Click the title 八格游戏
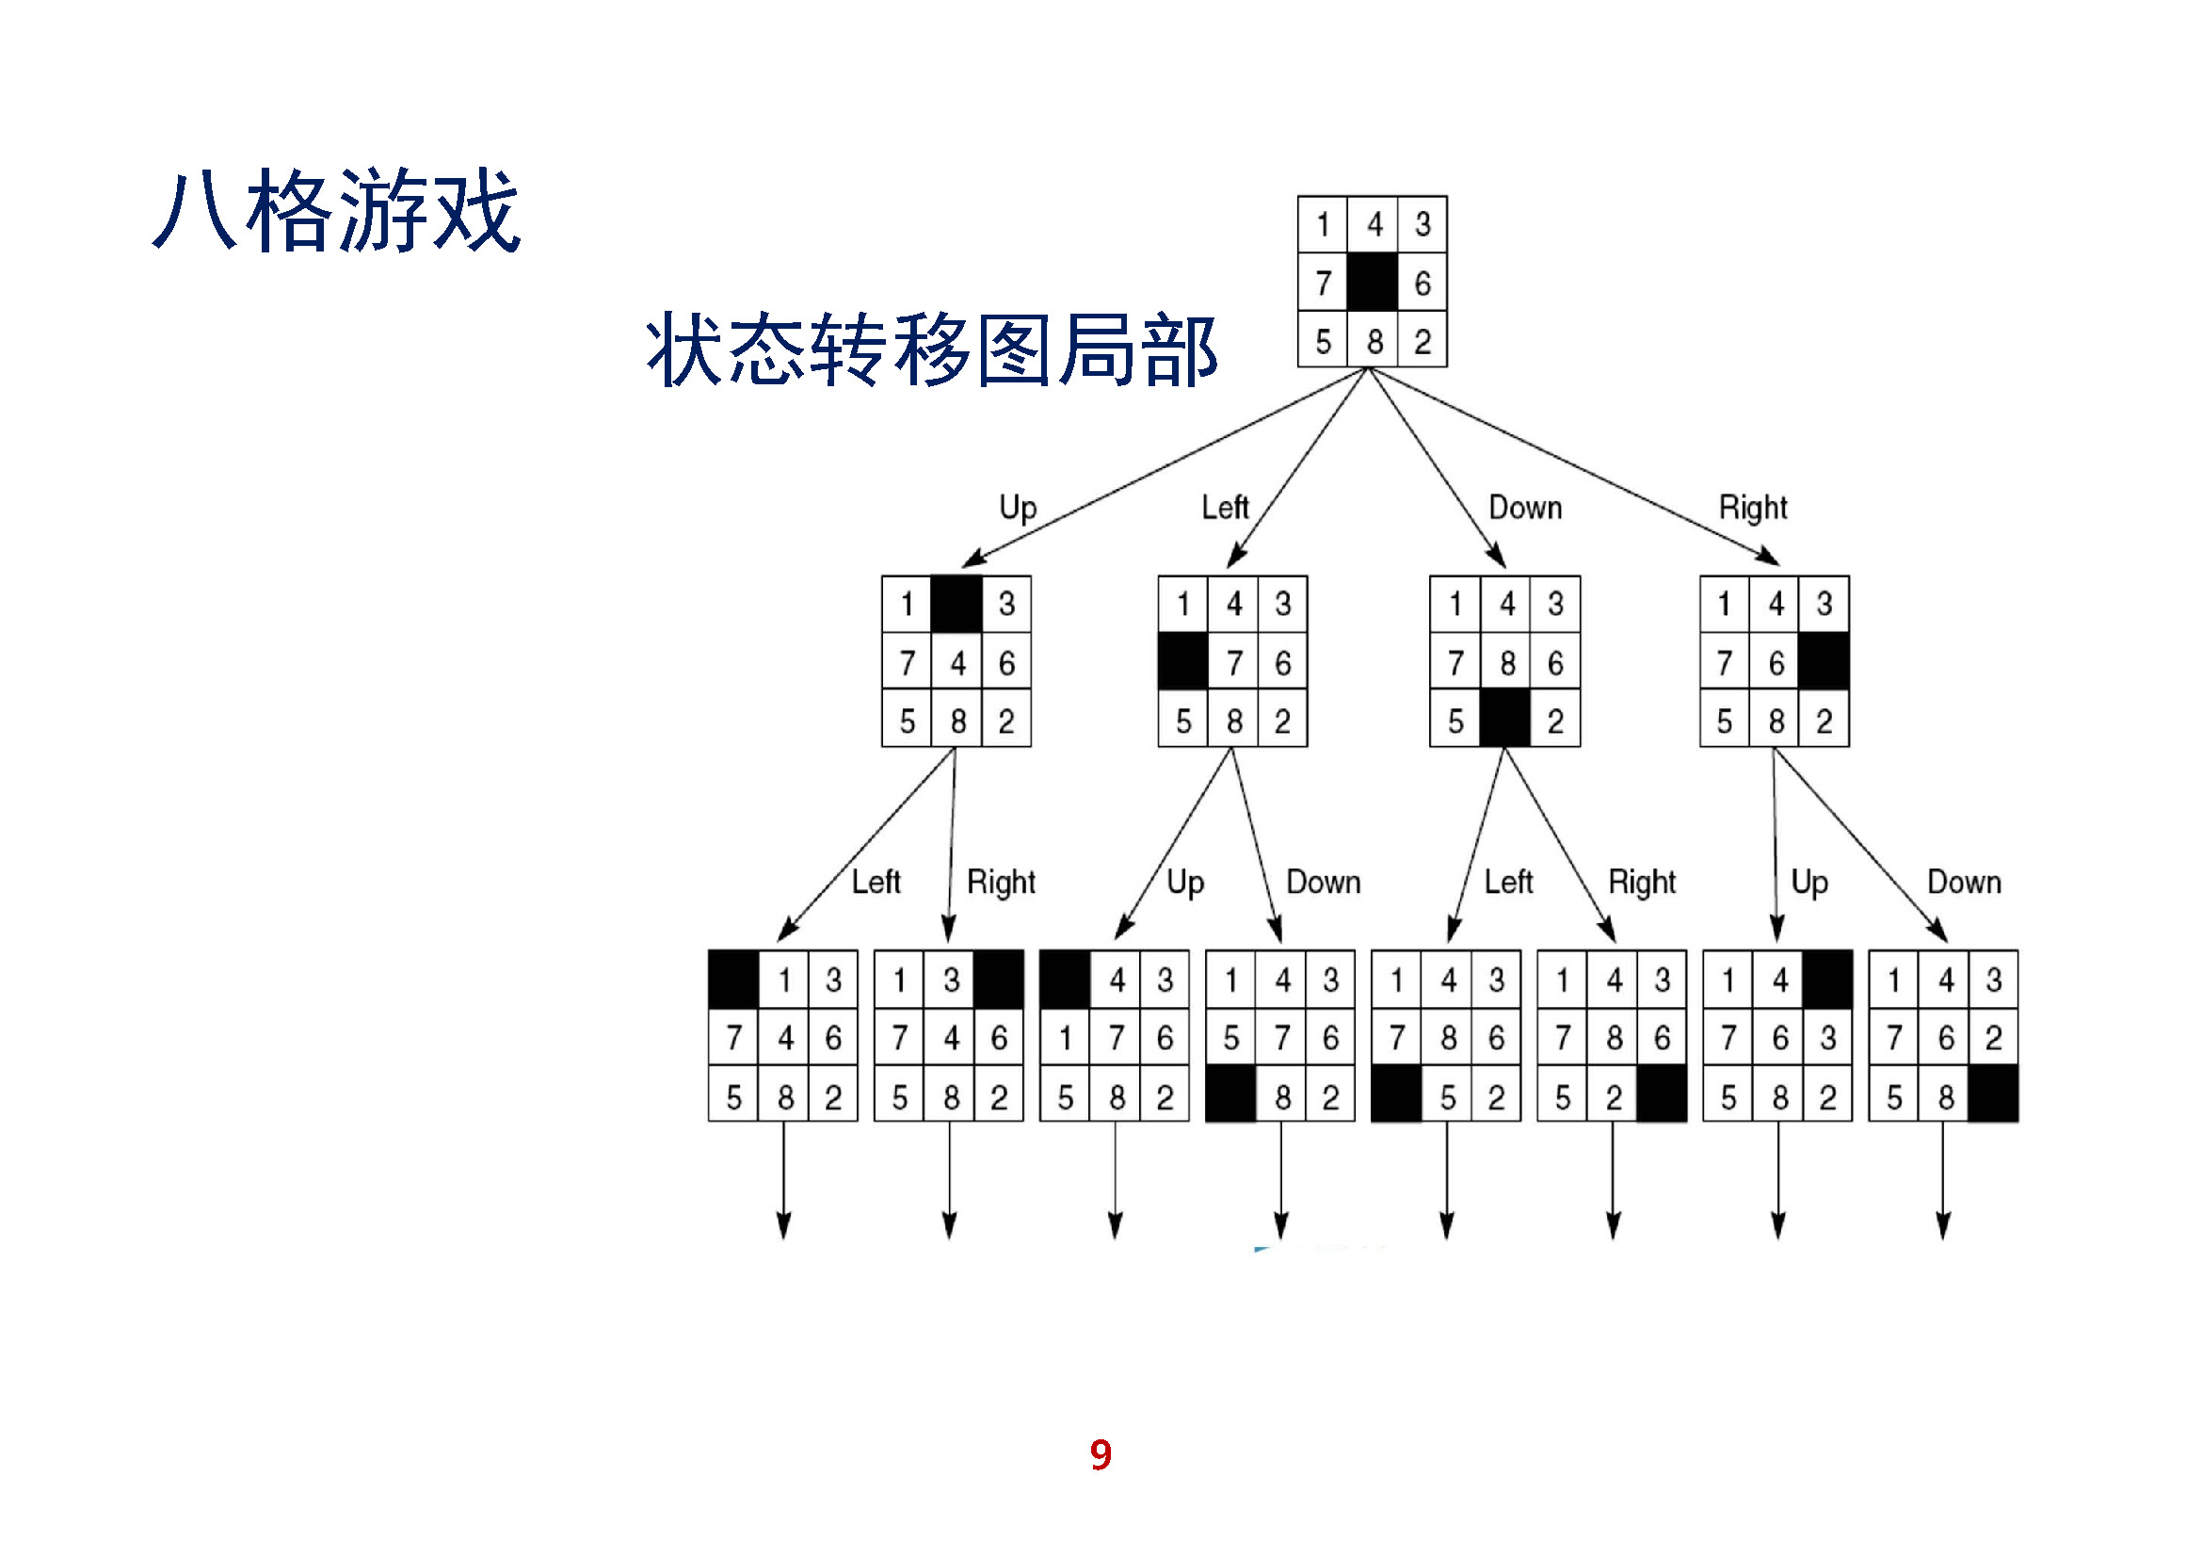click(x=336, y=211)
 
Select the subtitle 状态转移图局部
click(x=930, y=349)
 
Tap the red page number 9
click(x=1100, y=1455)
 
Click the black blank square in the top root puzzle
click(x=1373, y=283)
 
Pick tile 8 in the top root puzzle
click(x=1374, y=342)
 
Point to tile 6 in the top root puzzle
click(x=1422, y=283)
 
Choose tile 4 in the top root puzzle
click(x=1374, y=224)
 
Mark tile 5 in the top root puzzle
click(x=1324, y=342)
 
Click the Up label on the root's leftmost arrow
click(x=1018, y=508)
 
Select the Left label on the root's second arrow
click(x=1225, y=508)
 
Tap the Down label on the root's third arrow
click(x=1525, y=508)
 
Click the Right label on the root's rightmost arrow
click(x=1752, y=508)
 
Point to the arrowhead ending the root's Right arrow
click(x=1771, y=558)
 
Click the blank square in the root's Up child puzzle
click(x=957, y=605)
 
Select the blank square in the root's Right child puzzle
click(x=1824, y=663)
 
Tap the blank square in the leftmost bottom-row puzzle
click(x=733, y=980)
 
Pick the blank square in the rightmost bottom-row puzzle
click(x=1993, y=1096)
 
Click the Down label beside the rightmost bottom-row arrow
click(x=1964, y=882)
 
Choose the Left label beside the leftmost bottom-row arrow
click(x=876, y=882)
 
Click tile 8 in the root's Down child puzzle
click(x=1506, y=663)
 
